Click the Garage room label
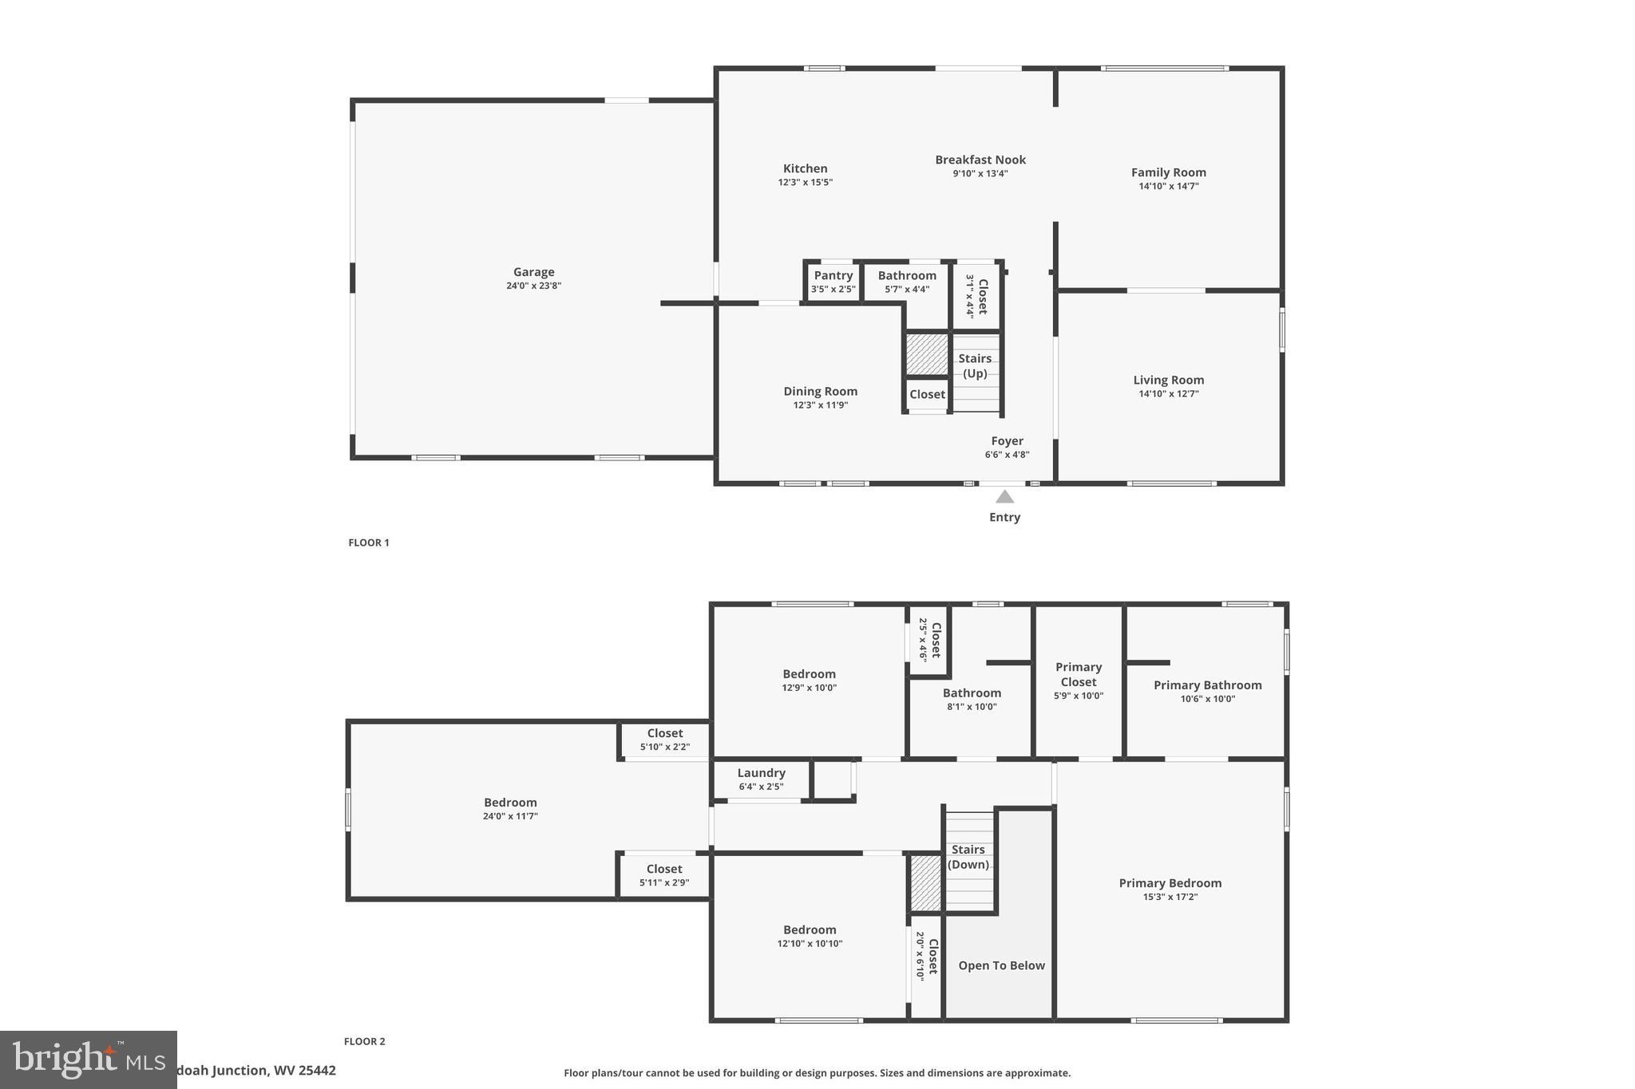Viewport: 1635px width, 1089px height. [x=533, y=272]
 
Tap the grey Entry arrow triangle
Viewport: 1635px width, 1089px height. [x=1004, y=497]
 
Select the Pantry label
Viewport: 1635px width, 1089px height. [x=833, y=276]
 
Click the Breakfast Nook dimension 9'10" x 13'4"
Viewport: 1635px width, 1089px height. [x=980, y=173]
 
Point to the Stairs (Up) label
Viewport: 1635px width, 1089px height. [x=975, y=365]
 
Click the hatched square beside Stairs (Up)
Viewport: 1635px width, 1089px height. [x=926, y=354]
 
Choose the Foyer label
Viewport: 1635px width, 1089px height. [x=1007, y=441]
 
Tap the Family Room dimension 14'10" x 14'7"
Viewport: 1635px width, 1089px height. [x=1168, y=186]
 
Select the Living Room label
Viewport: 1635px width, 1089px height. [x=1168, y=381]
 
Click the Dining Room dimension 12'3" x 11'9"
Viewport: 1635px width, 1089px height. [x=820, y=405]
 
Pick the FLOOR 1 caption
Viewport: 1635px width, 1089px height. [x=368, y=543]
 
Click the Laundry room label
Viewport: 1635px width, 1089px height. [x=761, y=773]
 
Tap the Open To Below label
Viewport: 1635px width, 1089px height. [x=1001, y=965]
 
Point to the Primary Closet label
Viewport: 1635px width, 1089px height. [x=1078, y=674]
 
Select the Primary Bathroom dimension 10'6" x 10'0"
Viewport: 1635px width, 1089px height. [x=1207, y=699]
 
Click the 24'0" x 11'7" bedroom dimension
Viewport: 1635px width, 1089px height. [x=510, y=816]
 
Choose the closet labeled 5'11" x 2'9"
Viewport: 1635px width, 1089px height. [x=663, y=875]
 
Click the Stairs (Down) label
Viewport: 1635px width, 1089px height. [x=968, y=857]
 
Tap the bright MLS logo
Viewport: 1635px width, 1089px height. [x=88, y=1059]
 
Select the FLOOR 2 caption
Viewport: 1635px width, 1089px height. [x=364, y=1041]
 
